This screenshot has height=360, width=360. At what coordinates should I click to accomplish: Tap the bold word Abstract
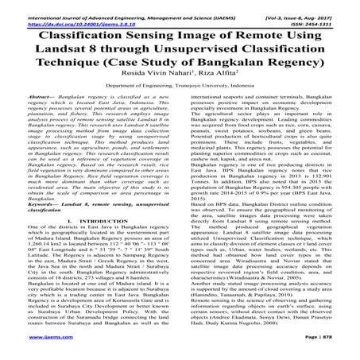29,115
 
